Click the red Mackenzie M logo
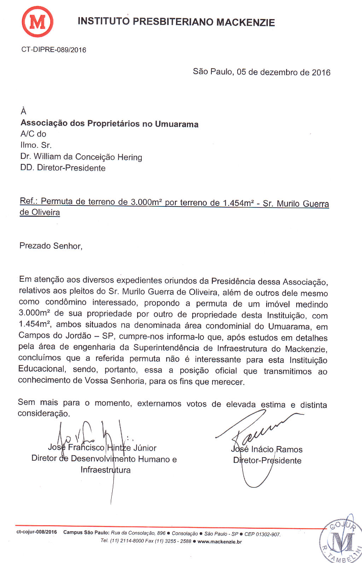tap(37, 22)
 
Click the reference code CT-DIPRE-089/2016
tap(54, 50)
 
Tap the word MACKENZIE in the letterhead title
tap(245, 22)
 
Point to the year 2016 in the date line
tap(321, 72)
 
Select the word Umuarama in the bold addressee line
tap(176, 124)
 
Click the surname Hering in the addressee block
tap(130, 157)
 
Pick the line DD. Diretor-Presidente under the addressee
tap(63, 168)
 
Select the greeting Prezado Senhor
tap(51, 246)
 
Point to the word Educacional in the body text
tap(42, 369)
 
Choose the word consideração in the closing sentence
tap(43, 413)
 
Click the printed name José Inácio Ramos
tap(267, 449)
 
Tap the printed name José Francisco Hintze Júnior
tap(102, 448)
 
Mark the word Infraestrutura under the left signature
tap(105, 470)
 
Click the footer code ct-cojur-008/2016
tap(37, 532)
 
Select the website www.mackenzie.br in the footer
tap(220, 541)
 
